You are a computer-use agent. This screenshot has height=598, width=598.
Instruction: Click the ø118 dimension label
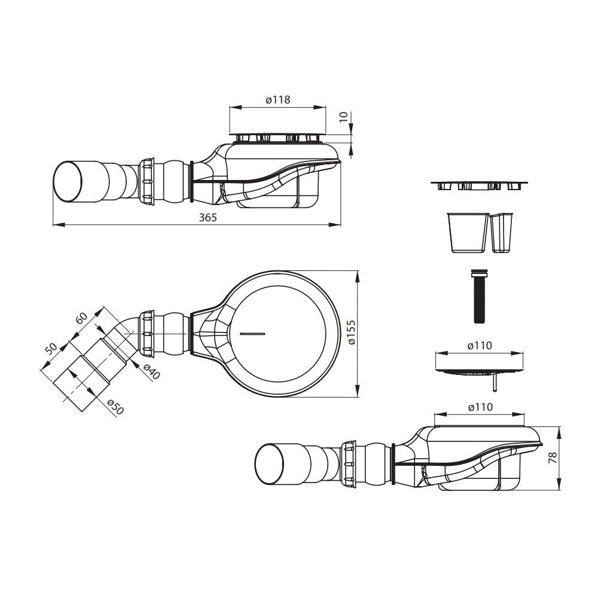pos(277,100)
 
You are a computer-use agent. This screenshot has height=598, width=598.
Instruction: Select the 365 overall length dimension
pos(208,218)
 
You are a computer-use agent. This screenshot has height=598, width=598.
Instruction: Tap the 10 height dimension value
pos(344,117)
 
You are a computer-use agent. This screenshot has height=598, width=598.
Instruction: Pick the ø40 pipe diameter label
pos(151,371)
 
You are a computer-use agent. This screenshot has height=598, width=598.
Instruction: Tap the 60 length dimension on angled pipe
pos(81,318)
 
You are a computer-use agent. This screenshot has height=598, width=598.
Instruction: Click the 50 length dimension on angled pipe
pos(50,347)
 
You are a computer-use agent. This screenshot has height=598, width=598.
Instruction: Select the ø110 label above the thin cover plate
pos(480,346)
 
